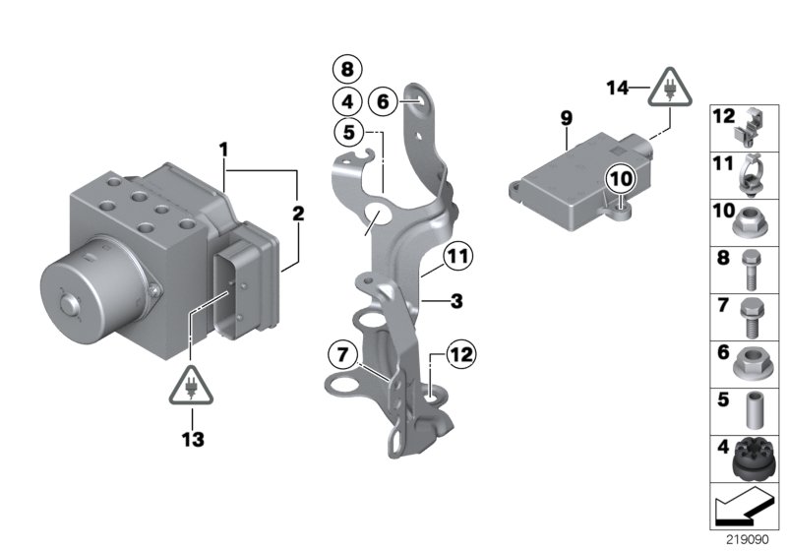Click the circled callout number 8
pos(346,70)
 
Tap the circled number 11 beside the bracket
pos(456,257)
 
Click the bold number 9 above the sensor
pos(567,118)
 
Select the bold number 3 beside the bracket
pos(455,301)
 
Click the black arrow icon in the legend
pos(745,509)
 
